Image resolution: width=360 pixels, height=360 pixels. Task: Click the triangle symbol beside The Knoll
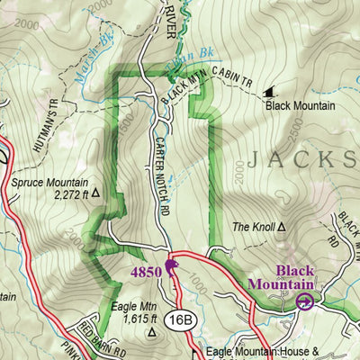283,228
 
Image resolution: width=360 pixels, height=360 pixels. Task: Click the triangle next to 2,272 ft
93,193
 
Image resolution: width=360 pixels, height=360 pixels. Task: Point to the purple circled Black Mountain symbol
304,302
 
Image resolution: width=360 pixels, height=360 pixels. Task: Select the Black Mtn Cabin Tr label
205,86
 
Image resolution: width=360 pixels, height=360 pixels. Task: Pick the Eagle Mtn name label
130,307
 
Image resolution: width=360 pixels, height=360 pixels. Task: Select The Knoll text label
253,228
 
